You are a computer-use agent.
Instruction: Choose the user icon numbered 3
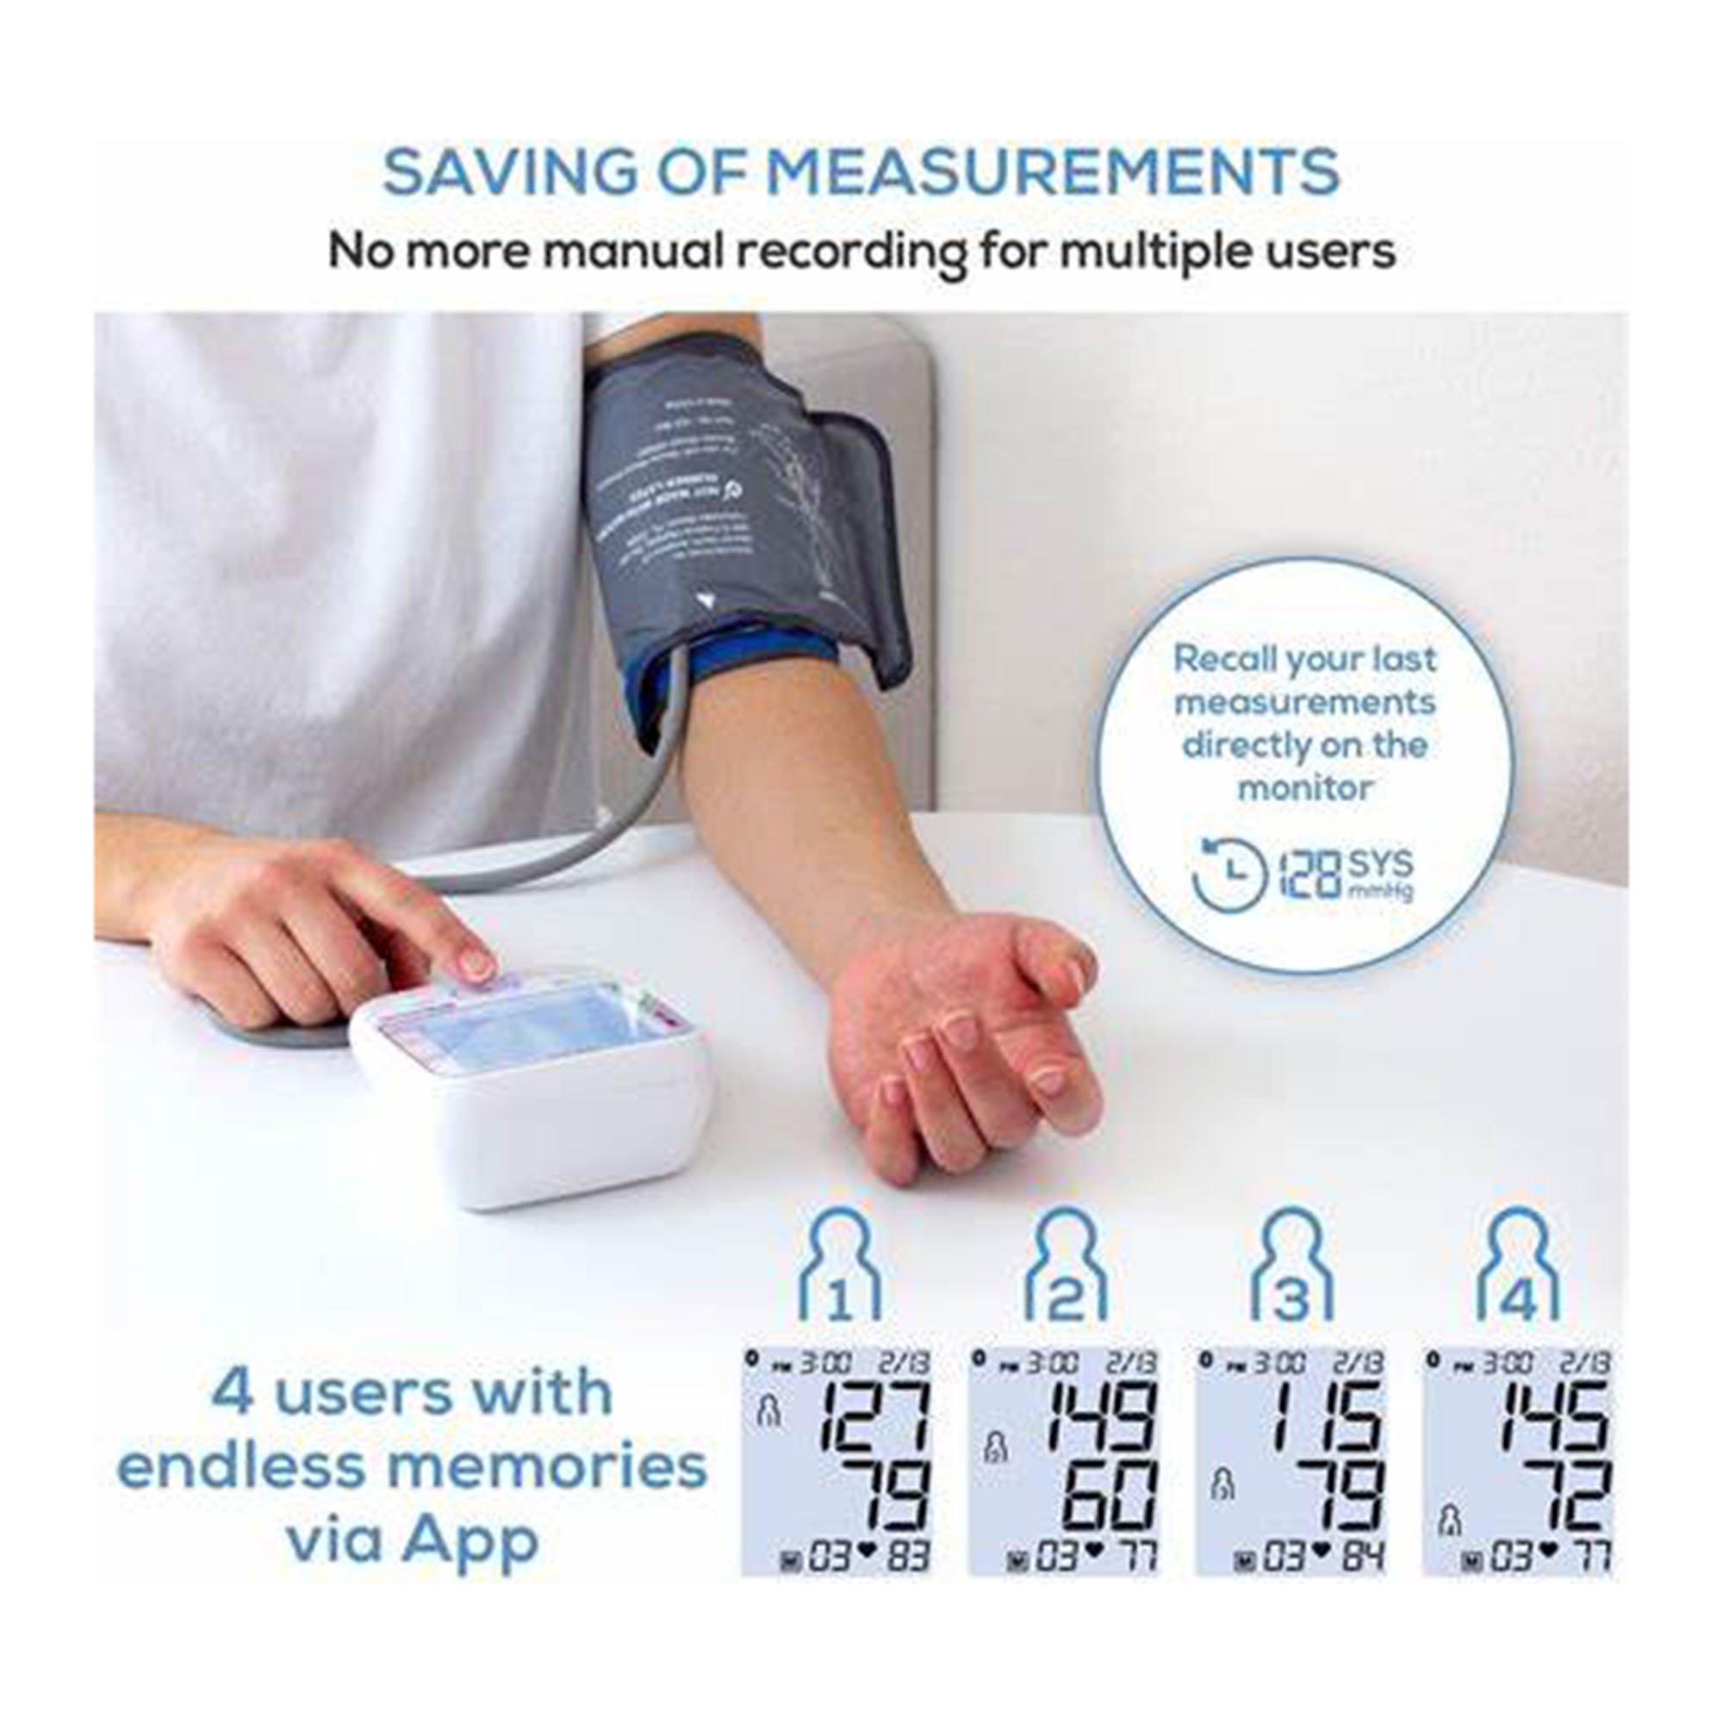tap(1291, 1266)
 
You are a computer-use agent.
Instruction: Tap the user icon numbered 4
tap(1519, 1266)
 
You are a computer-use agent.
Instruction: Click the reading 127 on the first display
tap(873, 1416)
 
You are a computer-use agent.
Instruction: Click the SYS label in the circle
tap(1379, 863)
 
